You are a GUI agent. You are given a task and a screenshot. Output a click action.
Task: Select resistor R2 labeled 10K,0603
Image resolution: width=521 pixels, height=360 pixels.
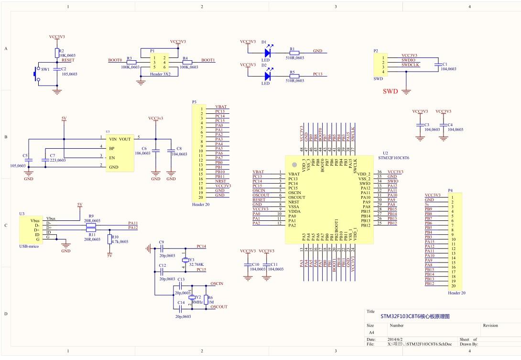coord(57,52)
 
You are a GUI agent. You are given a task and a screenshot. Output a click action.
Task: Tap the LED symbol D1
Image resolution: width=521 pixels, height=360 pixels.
coord(267,52)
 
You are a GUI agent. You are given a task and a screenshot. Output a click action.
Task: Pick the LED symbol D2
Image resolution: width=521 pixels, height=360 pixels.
coord(267,76)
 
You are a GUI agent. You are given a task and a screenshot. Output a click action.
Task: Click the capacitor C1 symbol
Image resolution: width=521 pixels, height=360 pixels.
coord(437,64)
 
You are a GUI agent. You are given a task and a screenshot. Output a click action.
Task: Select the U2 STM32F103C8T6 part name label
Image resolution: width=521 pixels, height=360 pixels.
coord(393,157)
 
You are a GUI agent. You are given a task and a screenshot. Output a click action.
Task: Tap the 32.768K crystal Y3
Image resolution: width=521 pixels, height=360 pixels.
coord(186,260)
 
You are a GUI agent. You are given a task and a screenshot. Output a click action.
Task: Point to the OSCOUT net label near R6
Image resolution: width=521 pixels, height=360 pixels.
coord(219,307)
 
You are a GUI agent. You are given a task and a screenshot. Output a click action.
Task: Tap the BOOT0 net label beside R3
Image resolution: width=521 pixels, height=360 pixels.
coord(115,60)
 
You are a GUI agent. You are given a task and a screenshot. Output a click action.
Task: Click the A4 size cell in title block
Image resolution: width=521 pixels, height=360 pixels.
coord(372,332)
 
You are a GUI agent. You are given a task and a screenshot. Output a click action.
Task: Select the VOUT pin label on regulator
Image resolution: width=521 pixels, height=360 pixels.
coord(125,139)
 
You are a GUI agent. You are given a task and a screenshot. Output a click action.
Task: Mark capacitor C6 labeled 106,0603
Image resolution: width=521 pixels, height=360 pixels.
coord(155,151)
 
